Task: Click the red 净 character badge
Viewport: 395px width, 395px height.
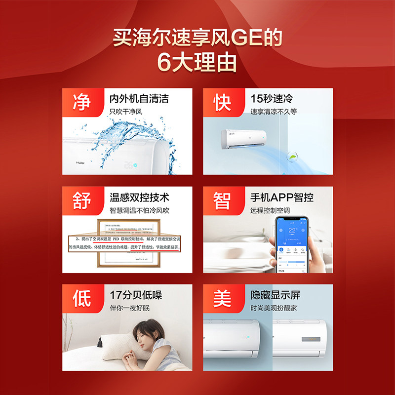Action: coord(81,102)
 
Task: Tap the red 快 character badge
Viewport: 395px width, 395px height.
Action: coord(222,102)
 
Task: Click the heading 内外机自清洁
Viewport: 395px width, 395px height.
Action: coord(139,98)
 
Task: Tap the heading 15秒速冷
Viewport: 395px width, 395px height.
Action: coord(272,98)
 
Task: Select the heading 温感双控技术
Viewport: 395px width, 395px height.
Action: coord(139,197)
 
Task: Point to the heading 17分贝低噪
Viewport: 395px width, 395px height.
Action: coord(136,295)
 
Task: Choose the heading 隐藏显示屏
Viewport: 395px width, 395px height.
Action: coord(276,295)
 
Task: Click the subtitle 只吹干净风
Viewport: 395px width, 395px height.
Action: coord(125,112)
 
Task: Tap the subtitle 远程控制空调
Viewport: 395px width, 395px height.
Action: coord(270,210)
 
